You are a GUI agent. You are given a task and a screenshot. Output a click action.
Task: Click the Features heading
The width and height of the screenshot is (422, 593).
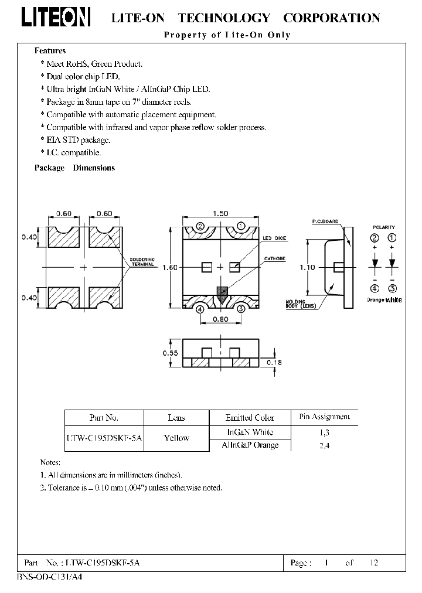tap(50, 51)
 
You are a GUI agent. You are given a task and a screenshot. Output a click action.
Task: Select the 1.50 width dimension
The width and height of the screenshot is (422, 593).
tap(220, 213)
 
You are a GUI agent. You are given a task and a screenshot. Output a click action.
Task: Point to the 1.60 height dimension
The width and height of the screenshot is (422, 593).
tap(170, 267)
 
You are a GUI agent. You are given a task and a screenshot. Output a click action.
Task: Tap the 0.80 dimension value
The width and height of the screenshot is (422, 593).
tap(220, 319)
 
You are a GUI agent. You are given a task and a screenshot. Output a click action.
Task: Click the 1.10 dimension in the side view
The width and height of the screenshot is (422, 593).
tap(307, 267)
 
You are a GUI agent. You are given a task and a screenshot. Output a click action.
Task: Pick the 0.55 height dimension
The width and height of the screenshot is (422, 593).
tap(171, 353)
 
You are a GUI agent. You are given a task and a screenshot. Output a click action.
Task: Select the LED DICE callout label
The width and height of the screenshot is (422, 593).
tap(274, 238)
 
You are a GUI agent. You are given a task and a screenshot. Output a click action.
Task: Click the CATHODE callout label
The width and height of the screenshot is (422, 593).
tap(274, 258)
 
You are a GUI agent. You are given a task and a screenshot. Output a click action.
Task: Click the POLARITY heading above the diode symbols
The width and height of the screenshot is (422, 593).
tap(384, 227)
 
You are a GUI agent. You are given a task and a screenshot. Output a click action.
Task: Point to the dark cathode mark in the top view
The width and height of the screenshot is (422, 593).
tap(221, 293)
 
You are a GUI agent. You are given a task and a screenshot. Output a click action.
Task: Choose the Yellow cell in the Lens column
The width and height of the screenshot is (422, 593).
tap(176, 438)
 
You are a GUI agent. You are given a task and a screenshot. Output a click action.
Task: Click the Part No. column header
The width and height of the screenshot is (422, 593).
tap(104, 418)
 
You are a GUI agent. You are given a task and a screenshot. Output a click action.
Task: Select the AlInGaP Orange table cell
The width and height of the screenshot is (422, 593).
tap(250, 445)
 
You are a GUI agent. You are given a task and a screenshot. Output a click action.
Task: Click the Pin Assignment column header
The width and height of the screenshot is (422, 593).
tap(324, 417)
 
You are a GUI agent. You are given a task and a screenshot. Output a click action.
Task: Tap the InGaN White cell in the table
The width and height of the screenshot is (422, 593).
tap(250, 432)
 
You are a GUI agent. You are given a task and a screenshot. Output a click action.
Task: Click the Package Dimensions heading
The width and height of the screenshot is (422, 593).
tap(74, 168)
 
